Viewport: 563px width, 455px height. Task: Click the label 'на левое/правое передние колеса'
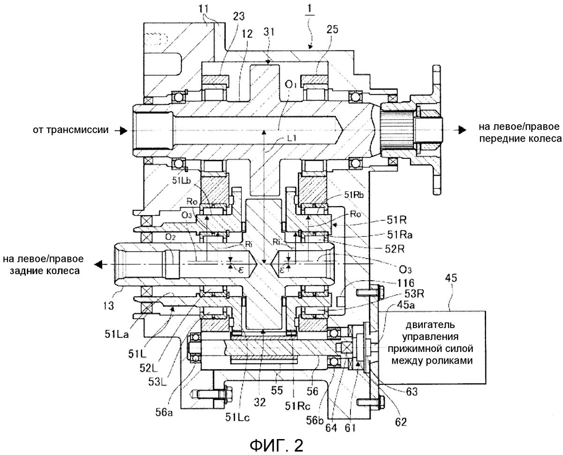coord(513,132)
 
